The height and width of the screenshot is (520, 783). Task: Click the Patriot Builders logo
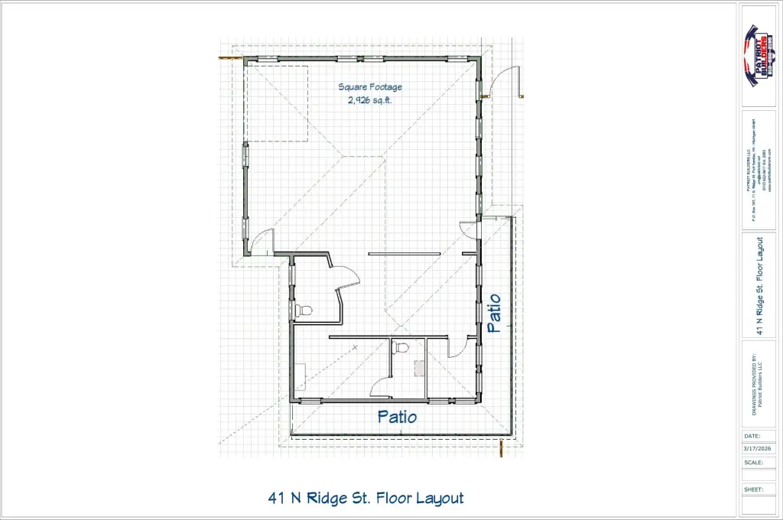point(760,56)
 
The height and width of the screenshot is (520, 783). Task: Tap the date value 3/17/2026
point(759,448)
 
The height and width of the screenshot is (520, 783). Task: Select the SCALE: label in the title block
point(753,462)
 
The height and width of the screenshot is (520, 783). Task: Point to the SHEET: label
point(753,489)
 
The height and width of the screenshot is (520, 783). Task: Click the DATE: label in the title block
point(752,436)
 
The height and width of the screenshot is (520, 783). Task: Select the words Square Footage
point(370,87)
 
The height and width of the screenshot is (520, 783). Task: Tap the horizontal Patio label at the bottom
point(398,417)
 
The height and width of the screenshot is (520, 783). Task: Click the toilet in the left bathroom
point(304,311)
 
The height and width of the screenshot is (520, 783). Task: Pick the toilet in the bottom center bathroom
point(400,347)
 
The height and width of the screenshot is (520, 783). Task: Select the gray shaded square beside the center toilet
point(419,368)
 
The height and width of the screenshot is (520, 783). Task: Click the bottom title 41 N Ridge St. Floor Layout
point(366,498)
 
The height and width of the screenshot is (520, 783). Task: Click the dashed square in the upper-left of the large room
point(276,103)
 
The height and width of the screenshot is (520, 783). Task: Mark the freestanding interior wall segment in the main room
point(405,253)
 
